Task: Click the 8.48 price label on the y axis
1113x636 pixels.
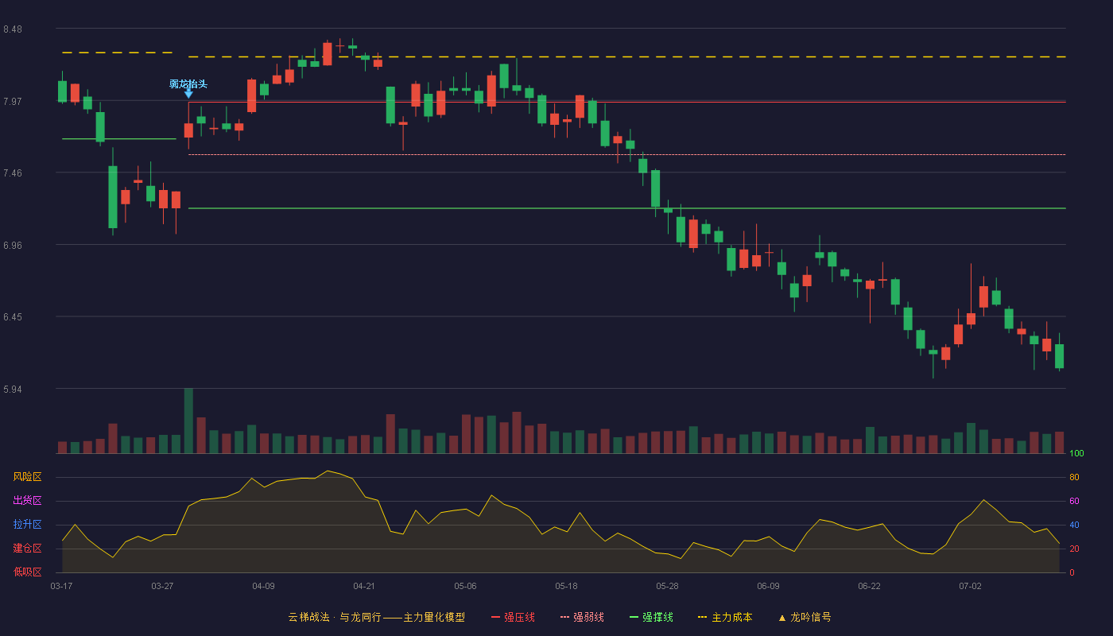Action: coord(13,29)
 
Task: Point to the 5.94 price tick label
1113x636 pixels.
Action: coord(13,389)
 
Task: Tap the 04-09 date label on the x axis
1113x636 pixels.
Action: coord(263,587)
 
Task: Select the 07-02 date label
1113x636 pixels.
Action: coord(971,587)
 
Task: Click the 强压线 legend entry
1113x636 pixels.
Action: coord(513,617)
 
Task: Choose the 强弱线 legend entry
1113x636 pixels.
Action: coord(582,617)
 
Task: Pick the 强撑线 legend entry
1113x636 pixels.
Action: coord(651,617)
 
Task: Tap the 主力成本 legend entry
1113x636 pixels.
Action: coord(725,617)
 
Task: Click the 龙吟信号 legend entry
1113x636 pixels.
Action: coord(805,617)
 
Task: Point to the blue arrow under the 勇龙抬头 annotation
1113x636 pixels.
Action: coord(189,94)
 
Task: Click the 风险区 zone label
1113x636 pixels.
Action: coord(27,477)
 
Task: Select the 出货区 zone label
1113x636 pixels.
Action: coord(27,500)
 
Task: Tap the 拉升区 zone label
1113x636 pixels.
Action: coord(27,524)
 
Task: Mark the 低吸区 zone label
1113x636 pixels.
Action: coord(27,572)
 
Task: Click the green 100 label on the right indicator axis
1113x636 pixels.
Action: coord(1076,453)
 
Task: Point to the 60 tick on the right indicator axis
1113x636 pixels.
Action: coord(1074,501)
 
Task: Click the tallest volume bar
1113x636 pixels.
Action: coord(189,421)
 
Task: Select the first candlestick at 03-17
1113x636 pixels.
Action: coord(62,87)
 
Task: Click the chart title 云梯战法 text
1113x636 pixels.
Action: coord(308,617)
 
